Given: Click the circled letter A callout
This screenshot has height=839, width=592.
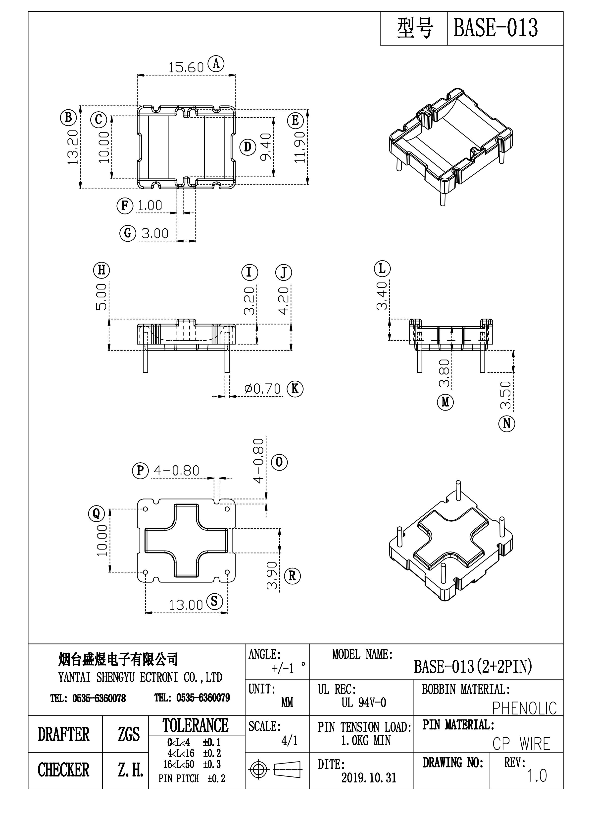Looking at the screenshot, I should (x=216, y=64).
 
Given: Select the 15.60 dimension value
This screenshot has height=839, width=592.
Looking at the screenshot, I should (x=186, y=68).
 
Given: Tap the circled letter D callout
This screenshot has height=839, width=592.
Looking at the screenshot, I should (x=248, y=147).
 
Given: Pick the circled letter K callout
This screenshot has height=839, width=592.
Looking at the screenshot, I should (x=295, y=389).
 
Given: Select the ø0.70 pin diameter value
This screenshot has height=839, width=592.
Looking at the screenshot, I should (x=263, y=389).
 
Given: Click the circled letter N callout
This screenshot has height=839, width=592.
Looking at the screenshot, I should (x=507, y=424).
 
